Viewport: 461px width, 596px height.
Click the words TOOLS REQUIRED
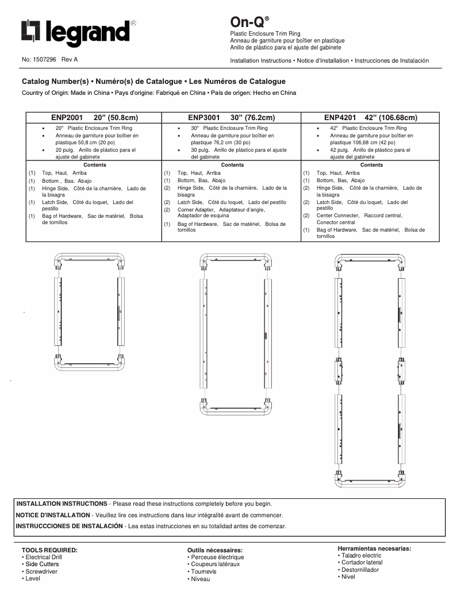49,550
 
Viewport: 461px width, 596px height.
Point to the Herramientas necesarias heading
374,548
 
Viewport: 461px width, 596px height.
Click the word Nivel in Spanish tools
348,576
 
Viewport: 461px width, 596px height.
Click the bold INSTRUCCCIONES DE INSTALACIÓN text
69,526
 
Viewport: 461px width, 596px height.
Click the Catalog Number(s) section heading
153,82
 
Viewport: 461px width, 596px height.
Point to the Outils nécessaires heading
214,550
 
